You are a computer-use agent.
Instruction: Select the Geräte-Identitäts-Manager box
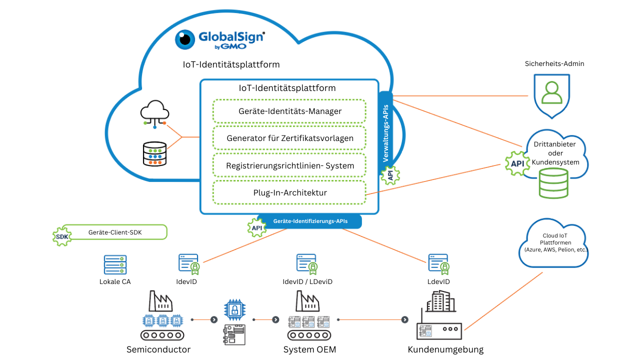[x=289, y=111]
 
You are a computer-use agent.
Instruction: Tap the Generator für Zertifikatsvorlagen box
[x=289, y=138]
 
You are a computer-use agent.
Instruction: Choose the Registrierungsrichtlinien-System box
[x=289, y=165]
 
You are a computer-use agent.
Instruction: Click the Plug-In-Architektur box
[x=289, y=192]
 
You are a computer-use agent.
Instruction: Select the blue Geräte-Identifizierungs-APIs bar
[x=310, y=221]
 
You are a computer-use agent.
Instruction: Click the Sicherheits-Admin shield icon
[x=551, y=95]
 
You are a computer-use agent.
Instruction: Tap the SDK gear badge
[x=62, y=236]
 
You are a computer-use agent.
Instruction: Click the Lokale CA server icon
[x=115, y=264]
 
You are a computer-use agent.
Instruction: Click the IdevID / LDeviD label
[x=307, y=281]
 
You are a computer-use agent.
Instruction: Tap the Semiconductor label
[x=158, y=349]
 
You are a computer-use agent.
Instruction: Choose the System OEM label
[x=309, y=349]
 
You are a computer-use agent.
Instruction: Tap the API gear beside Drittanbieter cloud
[x=517, y=163]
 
